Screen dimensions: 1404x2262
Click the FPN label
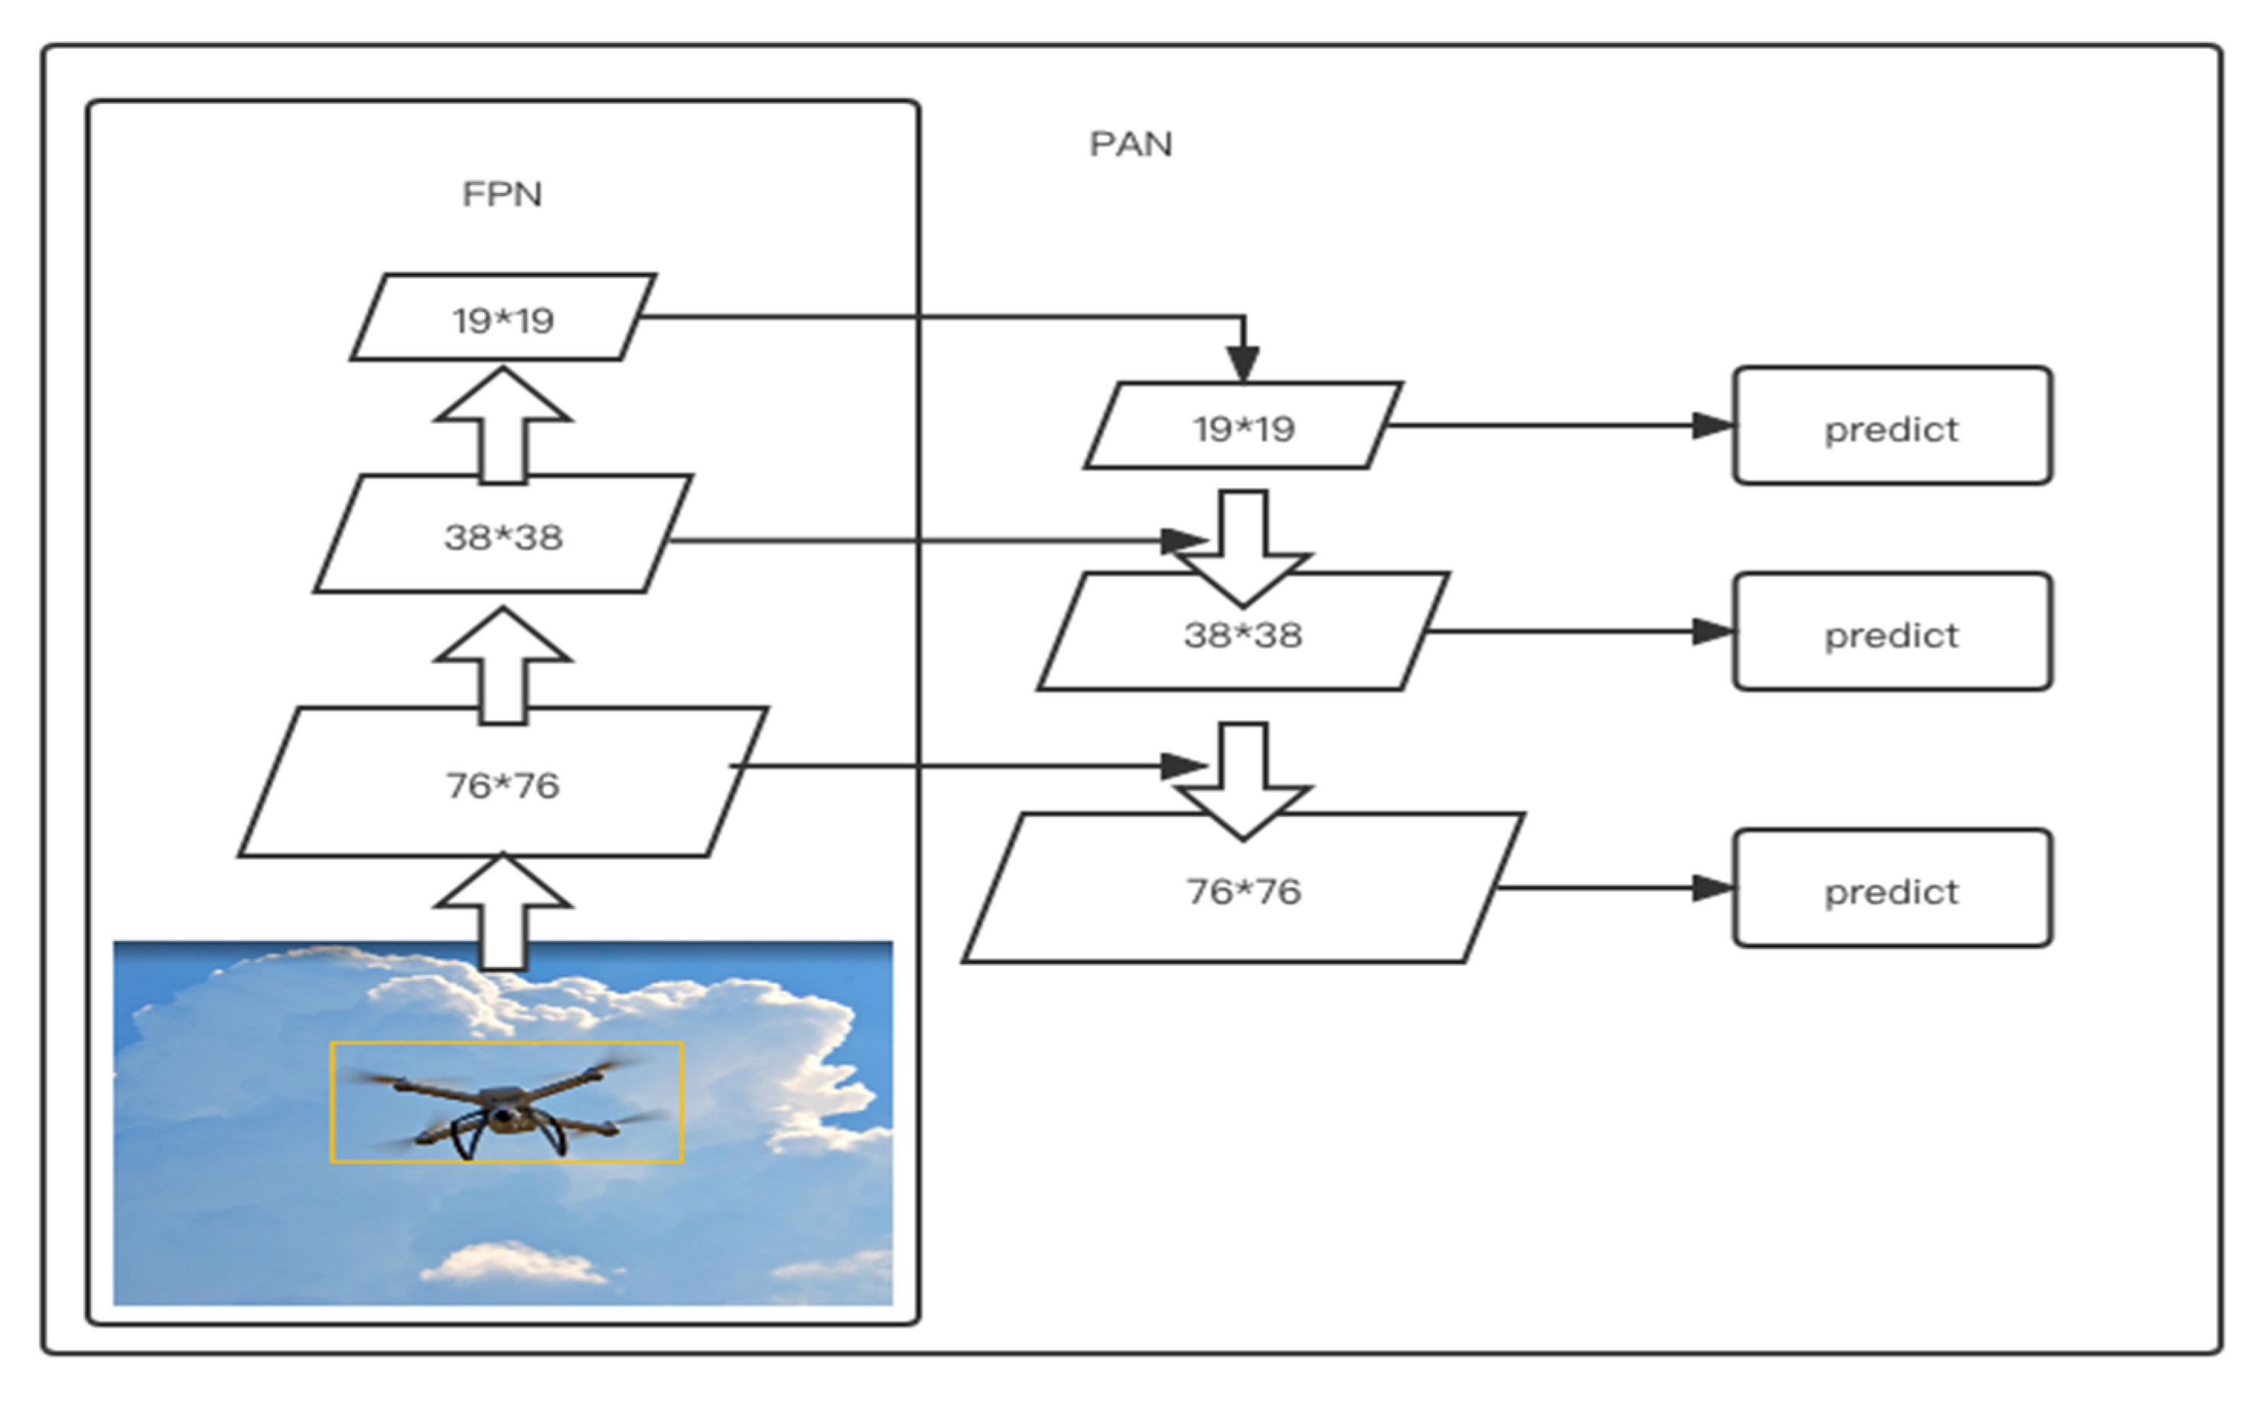pyautogui.click(x=501, y=194)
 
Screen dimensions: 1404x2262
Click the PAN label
pyautogui.click(x=1130, y=144)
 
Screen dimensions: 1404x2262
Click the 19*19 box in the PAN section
pyautogui.click(x=1243, y=427)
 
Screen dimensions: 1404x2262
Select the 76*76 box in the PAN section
pyautogui.click(x=1243, y=890)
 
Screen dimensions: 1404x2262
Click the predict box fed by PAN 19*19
pyautogui.click(x=1891, y=427)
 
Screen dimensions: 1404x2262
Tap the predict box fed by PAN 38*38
pyautogui.click(x=1891, y=634)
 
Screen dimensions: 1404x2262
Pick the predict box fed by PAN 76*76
pyautogui.click(x=1891, y=890)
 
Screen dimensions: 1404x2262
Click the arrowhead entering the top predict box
pyautogui.click(x=1710, y=426)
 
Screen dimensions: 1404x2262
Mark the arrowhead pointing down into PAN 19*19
pyautogui.click(x=1243, y=362)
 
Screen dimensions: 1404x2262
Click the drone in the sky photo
pyautogui.click(x=506, y=1109)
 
